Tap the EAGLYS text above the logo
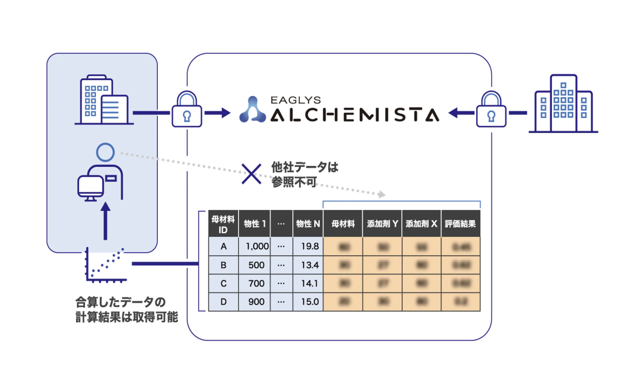pyautogui.click(x=295, y=100)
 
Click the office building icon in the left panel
pyautogui.click(x=104, y=100)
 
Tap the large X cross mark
pyautogui.click(x=251, y=174)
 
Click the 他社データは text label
pyautogui.click(x=305, y=167)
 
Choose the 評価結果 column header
pyautogui.click(x=460, y=224)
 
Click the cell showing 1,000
pyautogui.click(x=257, y=246)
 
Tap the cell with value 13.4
pyautogui.click(x=310, y=265)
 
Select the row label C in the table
pyautogui.click(x=223, y=284)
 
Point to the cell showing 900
pyautogui.click(x=256, y=302)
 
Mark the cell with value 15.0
pyautogui.click(x=310, y=302)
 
